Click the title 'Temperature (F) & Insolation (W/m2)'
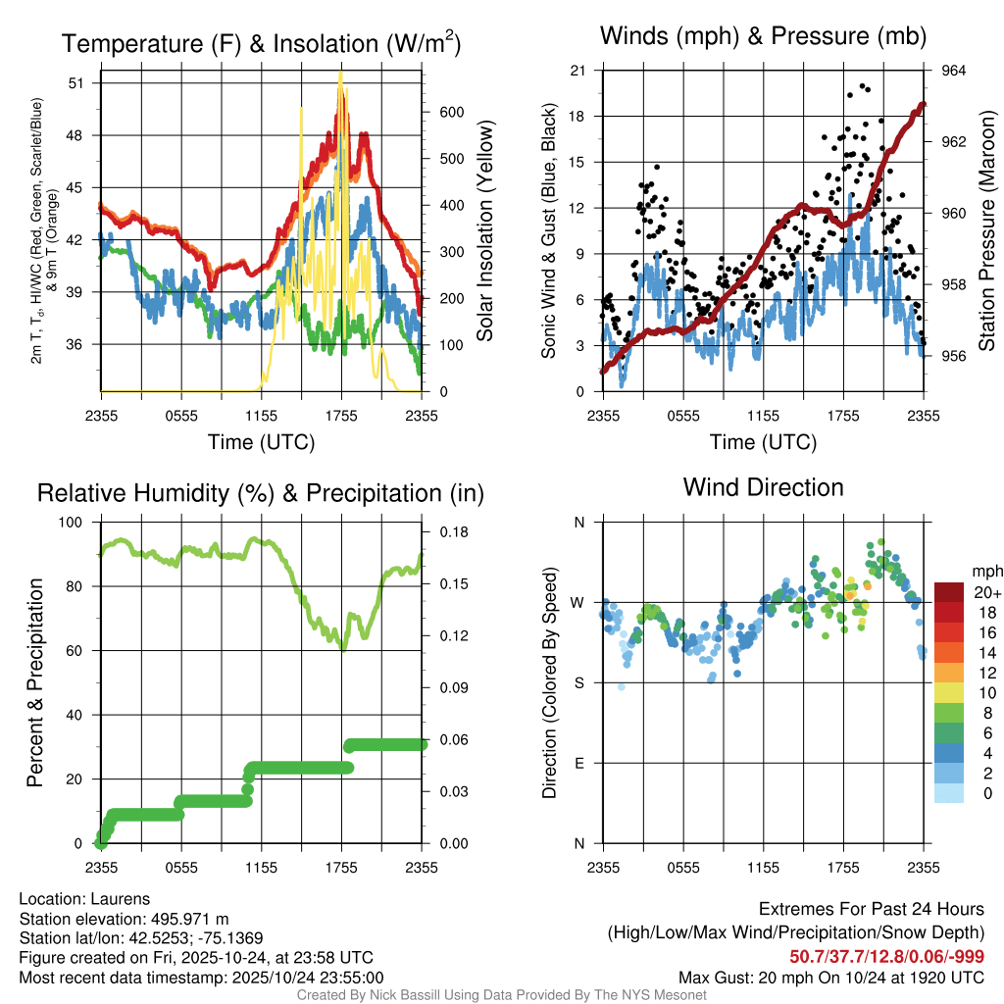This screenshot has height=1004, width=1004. (x=261, y=43)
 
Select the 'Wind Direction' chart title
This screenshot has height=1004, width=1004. (x=763, y=487)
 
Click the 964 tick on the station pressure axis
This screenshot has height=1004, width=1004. (x=953, y=71)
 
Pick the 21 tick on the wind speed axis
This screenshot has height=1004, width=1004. (x=577, y=71)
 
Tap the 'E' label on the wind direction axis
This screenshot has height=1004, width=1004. (x=579, y=763)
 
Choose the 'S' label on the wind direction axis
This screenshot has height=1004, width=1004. (x=579, y=682)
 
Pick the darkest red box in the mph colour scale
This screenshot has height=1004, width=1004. (x=950, y=592)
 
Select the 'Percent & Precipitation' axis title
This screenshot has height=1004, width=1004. (x=35, y=682)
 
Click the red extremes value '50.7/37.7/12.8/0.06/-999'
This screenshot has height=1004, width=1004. (x=886, y=957)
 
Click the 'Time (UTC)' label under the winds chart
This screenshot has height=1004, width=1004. (x=763, y=442)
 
